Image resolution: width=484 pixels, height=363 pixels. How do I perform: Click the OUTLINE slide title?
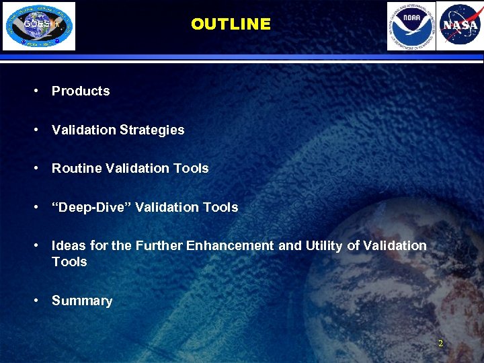(x=231, y=24)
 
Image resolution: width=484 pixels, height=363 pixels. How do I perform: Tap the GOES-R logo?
(x=39, y=26)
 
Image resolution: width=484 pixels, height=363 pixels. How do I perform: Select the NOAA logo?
(x=411, y=26)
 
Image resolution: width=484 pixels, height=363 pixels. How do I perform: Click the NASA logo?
(x=460, y=26)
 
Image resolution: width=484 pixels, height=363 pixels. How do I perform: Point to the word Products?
(x=81, y=91)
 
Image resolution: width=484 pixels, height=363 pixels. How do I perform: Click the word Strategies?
(x=152, y=130)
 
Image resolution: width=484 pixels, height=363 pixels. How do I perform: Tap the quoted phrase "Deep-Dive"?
(x=91, y=208)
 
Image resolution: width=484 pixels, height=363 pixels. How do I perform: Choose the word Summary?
(x=82, y=301)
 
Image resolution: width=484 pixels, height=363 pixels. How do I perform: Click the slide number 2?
(x=440, y=344)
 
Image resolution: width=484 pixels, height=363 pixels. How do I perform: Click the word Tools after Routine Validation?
(x=191, y=169)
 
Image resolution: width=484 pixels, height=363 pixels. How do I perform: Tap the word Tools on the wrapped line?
(x=69, y=261)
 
